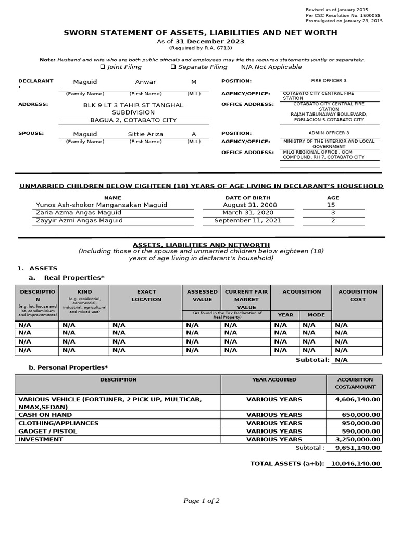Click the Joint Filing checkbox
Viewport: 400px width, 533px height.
[103, 67]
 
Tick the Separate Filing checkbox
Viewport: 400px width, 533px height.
[173, 67]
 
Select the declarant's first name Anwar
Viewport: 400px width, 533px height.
[145, 82]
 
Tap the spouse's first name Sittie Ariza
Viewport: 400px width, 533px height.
[145, 134]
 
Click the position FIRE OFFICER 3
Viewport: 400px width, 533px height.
[328, 81]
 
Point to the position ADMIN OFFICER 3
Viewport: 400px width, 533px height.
[329, 133]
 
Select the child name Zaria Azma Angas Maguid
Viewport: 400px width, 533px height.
[79, 212]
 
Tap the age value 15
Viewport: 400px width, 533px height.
[333, 205]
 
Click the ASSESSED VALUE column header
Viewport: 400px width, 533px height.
[202, 296]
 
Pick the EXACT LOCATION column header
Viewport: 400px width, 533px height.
[146, 296]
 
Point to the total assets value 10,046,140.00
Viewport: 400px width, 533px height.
[356, 463]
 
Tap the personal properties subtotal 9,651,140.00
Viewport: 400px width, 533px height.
[357, 448]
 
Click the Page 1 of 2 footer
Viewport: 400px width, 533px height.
[201, 501]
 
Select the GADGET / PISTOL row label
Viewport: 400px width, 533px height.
[47, 431]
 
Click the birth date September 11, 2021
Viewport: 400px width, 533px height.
[247, 220]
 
